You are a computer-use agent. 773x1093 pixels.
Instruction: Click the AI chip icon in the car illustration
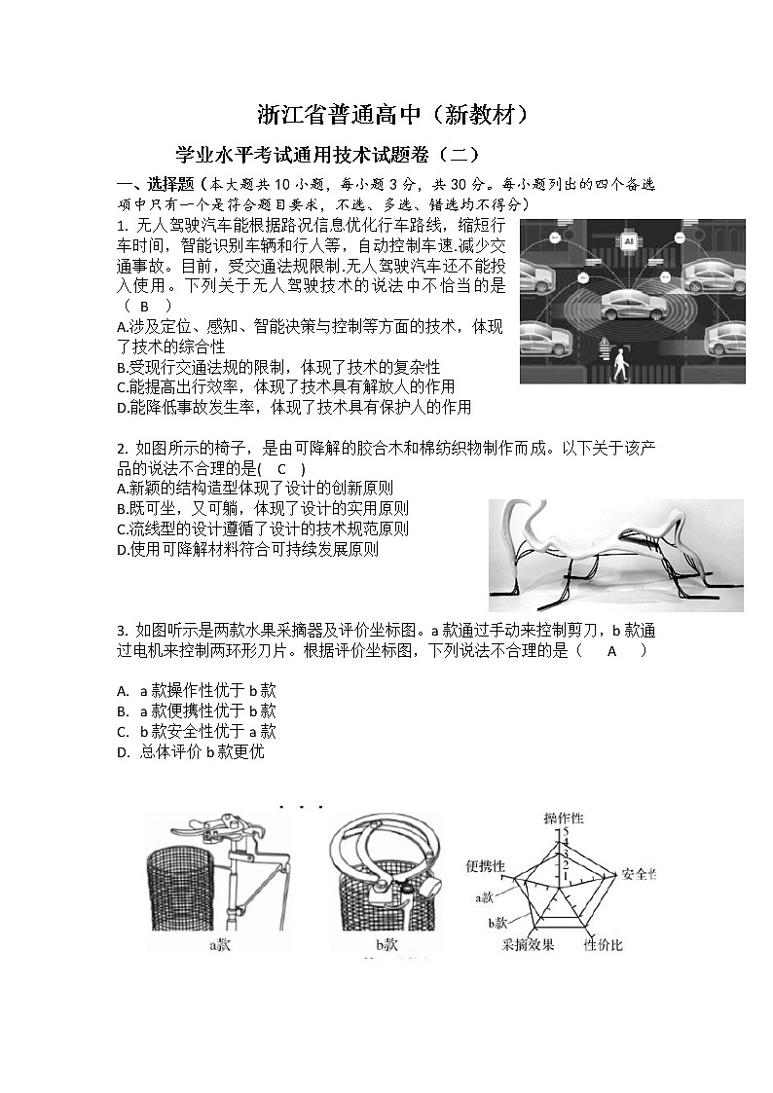point(629,239)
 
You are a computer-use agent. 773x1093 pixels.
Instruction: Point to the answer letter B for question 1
point(145,306)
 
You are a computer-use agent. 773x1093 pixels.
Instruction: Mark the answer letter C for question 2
point(282,468)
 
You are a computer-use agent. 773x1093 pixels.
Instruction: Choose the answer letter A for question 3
point(612,651)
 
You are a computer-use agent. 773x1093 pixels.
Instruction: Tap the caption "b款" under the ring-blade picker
point(387,943)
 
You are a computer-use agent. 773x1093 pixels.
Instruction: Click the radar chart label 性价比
point(603,944)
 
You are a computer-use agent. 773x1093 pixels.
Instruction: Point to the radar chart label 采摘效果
point(528,944)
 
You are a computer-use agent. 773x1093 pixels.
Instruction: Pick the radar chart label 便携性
point(486,865)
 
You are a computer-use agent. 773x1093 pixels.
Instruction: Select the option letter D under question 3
point(123,752)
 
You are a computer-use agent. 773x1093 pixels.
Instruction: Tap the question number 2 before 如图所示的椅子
point(121,448)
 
